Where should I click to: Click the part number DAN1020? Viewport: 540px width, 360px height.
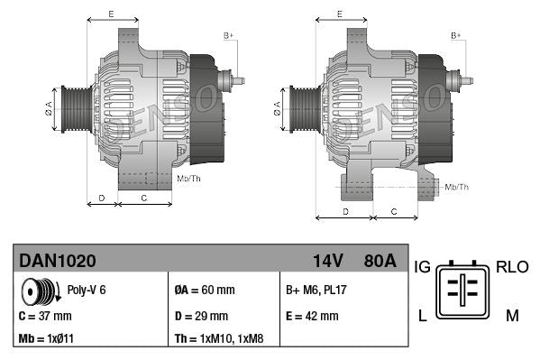58,261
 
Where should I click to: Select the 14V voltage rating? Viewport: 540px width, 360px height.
327,261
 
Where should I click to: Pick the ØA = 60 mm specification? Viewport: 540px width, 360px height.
204,291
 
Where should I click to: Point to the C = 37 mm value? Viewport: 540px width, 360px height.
45,316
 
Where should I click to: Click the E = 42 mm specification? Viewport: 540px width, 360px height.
312,316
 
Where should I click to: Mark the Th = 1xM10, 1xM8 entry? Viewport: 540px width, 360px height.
220,340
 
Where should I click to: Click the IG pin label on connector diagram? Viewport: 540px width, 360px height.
422,267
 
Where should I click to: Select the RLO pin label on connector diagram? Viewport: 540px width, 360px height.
512,267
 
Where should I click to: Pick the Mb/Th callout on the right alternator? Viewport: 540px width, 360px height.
457,187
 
